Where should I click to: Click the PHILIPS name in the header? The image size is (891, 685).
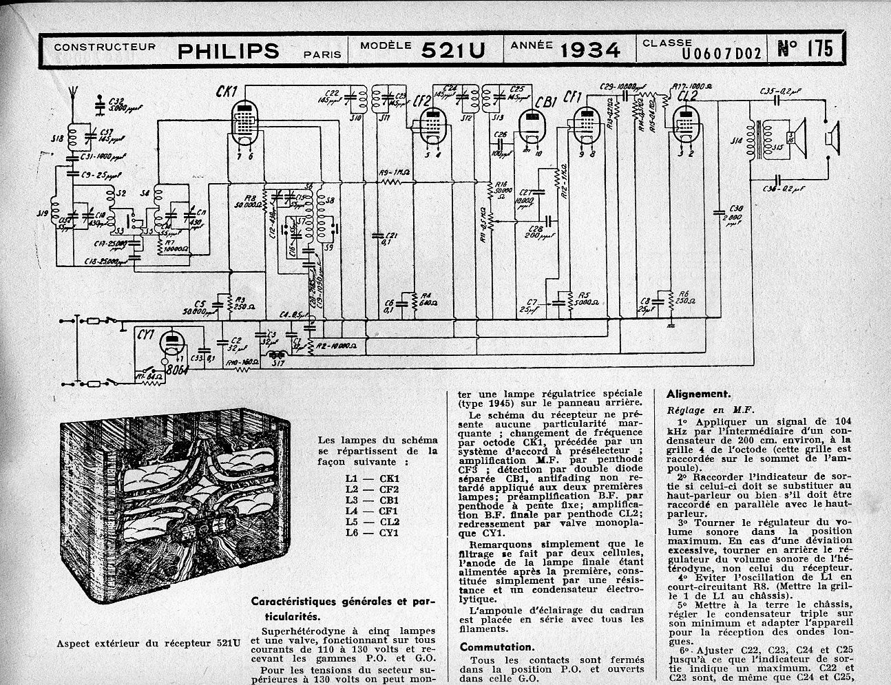point(229,50)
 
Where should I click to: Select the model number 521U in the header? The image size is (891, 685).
point(453,50)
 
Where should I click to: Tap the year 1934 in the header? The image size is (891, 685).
point(589,50)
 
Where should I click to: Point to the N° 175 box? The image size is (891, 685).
point(804,48)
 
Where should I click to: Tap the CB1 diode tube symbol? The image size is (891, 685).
point(530,125)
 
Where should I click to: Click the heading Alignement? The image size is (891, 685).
point(698,394)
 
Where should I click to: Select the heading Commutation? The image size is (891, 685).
point(496,647)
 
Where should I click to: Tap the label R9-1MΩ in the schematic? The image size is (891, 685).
point(395,173)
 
